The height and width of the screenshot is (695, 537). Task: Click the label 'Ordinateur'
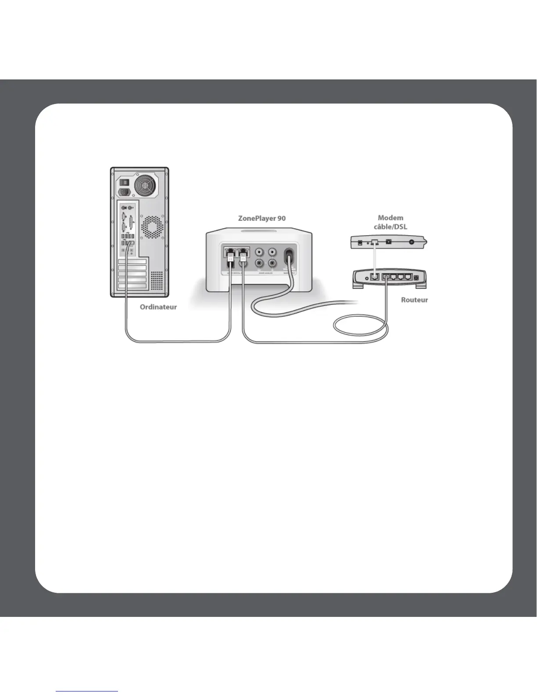click(x=158, y=307)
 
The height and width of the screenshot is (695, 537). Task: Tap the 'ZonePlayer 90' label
click(x=261, y=218)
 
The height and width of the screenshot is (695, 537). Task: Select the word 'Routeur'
click(x=414, y=300)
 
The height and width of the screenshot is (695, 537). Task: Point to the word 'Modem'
click(x=390, y=218)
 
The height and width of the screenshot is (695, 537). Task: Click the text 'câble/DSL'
click(x=390, y=226)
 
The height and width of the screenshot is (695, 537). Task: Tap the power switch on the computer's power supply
click(x=125, y=182)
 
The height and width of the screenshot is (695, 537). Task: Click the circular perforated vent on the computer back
click(x=152, y=227)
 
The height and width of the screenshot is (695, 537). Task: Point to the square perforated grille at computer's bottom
click(x=157, y=280)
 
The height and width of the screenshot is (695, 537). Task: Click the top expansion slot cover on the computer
click(x=132, y=262)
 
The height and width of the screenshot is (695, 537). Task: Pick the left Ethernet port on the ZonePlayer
click(x=229, y=252)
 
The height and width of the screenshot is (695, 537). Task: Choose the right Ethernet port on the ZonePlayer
click(x=242, y=252)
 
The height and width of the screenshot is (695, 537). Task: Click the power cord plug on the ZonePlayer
click(x=289, y=257)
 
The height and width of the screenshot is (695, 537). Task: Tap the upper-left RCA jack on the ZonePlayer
click(x=260, y=252)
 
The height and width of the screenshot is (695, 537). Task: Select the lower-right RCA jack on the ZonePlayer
click(x=272, y=263)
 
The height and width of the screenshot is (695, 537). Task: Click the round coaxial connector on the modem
click(x=412, y=242)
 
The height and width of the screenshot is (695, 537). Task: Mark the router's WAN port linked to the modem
click(x=374, y=277)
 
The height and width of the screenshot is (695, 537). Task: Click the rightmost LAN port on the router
click(x=408, y=277)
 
